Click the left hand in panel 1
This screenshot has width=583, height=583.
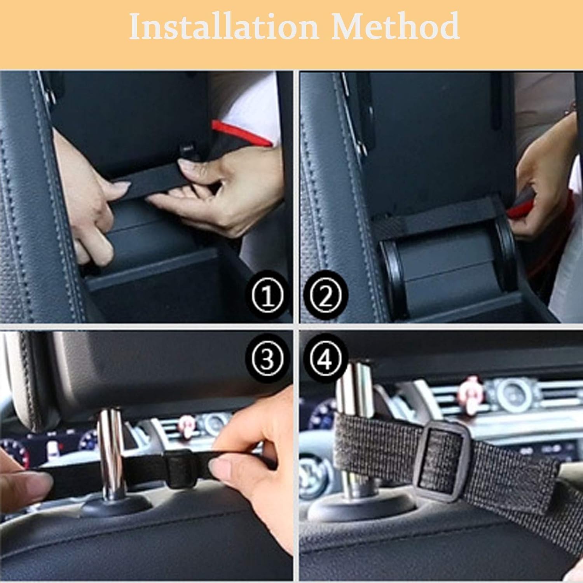point(89,202)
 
